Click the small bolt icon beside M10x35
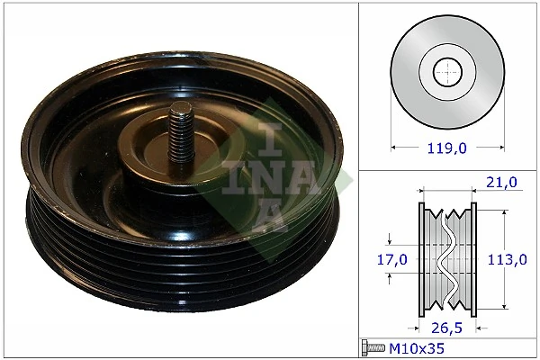pos(373,346)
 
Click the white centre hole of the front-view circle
pos(446,71)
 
